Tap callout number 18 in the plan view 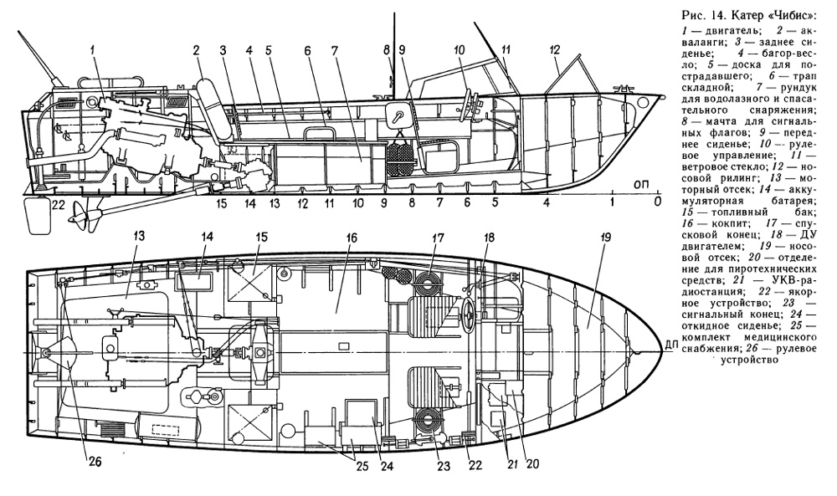[489, 238]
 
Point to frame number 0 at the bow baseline [658, 202]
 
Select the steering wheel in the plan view [467, 318]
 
